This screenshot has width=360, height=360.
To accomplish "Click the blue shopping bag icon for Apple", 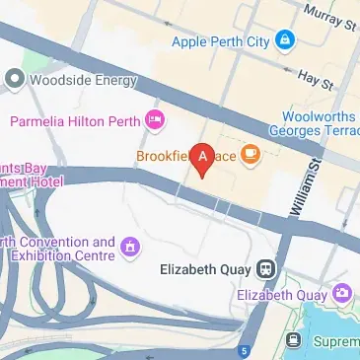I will [x=285, y=40].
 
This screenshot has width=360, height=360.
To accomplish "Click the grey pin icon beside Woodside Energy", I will [x=14, y=78].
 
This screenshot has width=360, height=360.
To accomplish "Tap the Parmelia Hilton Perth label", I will [x=74, y=121].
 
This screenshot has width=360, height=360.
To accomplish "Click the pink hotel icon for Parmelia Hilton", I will [x=154, y=121].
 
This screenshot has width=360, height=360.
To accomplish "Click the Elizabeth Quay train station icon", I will [x=264, y=268].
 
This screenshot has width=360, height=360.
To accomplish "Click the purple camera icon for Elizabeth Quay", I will [x=342, y=293].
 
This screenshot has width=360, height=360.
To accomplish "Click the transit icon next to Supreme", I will [x=293, y=340].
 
